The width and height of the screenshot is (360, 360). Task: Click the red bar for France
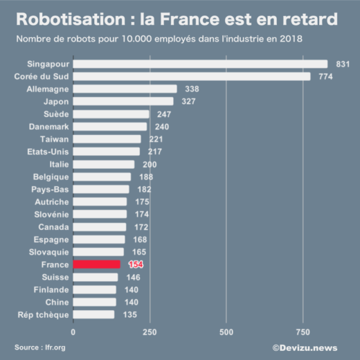[x=96, y=264]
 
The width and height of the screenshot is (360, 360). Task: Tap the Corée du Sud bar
[x=191, y=76]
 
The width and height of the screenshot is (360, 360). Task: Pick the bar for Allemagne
[x=125, y=89]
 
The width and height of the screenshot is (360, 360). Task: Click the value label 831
[x=343, y=64]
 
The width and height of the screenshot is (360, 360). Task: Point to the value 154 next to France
[x=136, y=264]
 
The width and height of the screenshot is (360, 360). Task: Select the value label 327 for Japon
[x=189, y=101]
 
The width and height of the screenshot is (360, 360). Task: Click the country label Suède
[x=57, y=114]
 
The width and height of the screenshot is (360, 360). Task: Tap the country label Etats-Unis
[x=48, y=152]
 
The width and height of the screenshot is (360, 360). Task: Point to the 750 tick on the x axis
[x=303, y=332]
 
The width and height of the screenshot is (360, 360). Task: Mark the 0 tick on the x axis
[x=73, y=332]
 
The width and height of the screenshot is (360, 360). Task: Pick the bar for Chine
[x=94, y=302]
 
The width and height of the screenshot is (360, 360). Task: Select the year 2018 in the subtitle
[x=290, y=38]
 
